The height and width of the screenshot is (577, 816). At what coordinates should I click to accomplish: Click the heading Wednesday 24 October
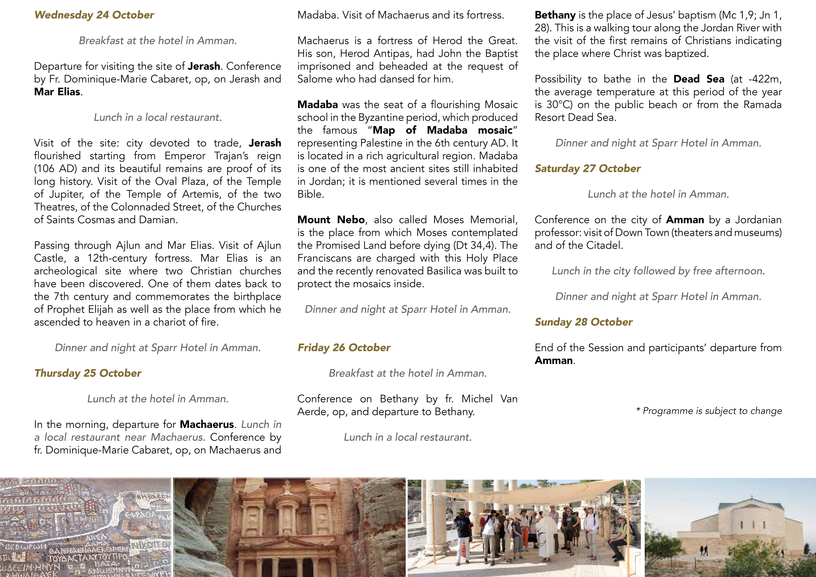coord(94,15)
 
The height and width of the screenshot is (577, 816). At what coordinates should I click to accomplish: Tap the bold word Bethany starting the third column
coord(555,15)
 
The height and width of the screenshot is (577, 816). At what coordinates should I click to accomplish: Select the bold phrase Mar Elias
coord(57,92)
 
